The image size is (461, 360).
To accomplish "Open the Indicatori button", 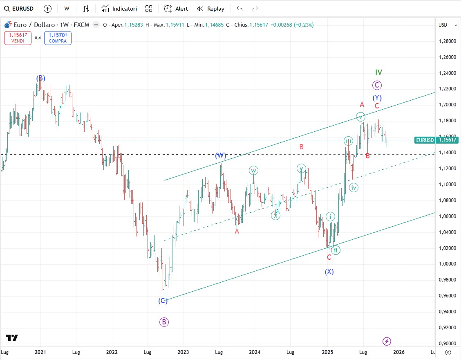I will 119,9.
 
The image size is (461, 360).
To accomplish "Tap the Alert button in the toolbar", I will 176,9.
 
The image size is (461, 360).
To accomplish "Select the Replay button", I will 210,9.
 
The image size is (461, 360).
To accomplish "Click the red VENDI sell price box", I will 18,38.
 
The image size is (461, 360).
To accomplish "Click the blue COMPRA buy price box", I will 58,38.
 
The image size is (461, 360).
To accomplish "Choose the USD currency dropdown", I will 448,25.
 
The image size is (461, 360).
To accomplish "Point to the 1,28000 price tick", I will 447,41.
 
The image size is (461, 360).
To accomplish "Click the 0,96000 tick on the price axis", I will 447,295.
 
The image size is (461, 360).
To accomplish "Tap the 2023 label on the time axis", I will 183,352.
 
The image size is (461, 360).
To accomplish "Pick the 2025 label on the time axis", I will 327,352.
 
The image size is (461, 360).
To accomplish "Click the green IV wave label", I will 378,72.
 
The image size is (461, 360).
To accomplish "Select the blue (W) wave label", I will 221,155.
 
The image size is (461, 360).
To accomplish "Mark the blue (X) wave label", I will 329,272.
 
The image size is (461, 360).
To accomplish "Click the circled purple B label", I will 164,322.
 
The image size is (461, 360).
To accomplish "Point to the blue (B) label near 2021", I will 40,78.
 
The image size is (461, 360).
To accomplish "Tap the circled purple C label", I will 377,85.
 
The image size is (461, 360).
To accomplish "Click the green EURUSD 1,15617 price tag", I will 436,140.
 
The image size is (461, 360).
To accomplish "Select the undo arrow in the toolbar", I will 239,9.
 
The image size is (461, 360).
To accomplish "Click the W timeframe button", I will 67,9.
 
